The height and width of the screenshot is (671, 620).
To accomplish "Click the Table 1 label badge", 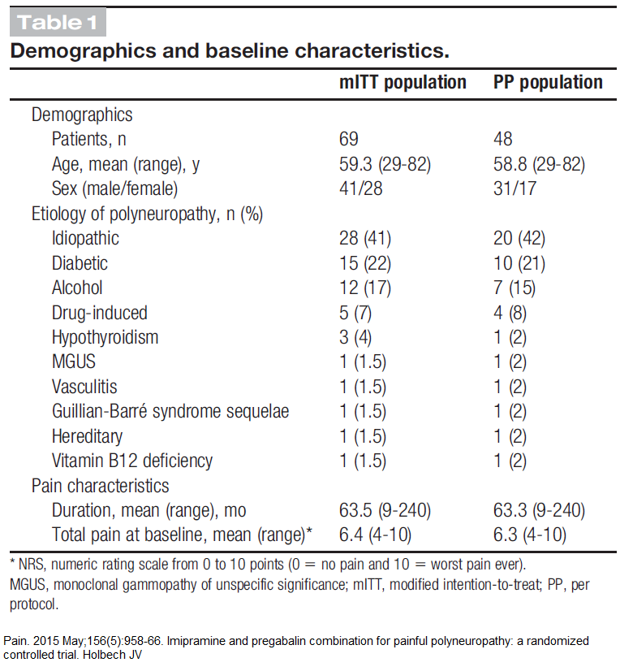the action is tap(58, 22).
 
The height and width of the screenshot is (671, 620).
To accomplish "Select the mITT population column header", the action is tap(403, 82).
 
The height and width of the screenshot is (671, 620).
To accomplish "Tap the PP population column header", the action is tap(548, 82).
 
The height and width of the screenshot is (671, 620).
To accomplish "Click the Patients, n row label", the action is tap(89, 139).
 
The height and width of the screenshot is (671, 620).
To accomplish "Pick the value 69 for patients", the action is tap(349, 139).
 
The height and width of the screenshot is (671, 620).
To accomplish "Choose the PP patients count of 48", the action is tap(503, 139).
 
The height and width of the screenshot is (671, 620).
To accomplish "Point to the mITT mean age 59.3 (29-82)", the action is tap(385, 164).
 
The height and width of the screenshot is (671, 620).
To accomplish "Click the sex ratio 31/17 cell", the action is tap(515, 188).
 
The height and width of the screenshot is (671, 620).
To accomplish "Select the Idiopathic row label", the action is tap(85, 238).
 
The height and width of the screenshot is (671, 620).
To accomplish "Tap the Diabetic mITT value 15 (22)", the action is tap(365, 263).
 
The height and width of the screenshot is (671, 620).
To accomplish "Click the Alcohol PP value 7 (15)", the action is tap(515, 288).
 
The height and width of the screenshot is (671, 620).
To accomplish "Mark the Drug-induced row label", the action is tap(100, 313).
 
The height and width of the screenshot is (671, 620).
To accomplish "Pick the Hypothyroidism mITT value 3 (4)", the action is tap(355, 337).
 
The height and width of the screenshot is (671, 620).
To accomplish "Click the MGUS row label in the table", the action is tap(74, 361).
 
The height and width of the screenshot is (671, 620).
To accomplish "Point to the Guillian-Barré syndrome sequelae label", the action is tap(170, 411).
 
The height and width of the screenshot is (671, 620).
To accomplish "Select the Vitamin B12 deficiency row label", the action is tap(132, 461).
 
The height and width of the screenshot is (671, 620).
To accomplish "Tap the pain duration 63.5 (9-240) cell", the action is tap(385, 510).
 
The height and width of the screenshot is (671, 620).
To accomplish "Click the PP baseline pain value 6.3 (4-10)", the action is tap(530, 535).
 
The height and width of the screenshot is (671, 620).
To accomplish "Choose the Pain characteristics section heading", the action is tap(101, 486).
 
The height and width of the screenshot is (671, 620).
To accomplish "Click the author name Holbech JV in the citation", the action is tap(113, 655).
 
